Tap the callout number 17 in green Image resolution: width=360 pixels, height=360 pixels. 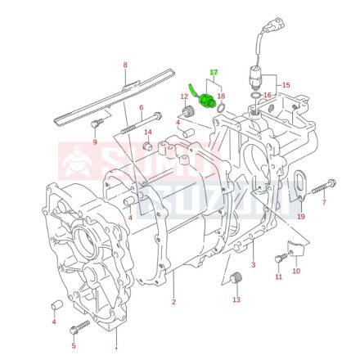click(214, 73)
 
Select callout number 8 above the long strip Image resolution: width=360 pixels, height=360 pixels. click(125, 65)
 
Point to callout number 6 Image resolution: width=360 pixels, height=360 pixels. click(141, 108)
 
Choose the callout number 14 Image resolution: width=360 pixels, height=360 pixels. click(148, 132)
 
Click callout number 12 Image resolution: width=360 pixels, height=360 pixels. click(185, 97)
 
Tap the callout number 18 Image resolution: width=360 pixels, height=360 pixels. click(221, 96)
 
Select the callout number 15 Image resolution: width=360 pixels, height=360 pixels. click(286, 85)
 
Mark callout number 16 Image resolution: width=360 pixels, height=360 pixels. click(267, 96)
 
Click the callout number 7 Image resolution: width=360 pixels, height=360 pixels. click(323, 201)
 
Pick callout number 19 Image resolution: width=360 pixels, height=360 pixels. click(300, 217)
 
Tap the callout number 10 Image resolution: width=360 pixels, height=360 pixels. click(296, 271)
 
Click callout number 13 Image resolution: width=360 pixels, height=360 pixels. click(236, 299)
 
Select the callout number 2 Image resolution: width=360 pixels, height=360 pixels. click(173, 302)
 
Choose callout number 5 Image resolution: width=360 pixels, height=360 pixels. click(74, 347)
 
